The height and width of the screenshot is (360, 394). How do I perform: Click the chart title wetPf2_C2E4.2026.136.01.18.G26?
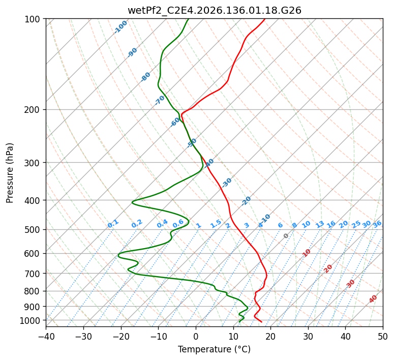pyautogui.click(x=215, y=11)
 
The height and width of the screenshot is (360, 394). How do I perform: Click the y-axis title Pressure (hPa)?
pyautogui.click(x=10, y=173)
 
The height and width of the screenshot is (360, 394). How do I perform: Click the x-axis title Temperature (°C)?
pyautogui.click(x=215, y=349)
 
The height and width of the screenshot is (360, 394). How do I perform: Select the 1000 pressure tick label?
pyautogui.click(x=33, y=321)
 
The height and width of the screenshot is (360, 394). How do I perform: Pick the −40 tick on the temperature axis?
pyautogui.click(x=46, y=336)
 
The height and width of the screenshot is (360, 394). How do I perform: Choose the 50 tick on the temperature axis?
pyautogui.click(x=383, y=336)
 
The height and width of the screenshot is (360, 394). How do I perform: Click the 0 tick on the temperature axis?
pyautogui.click(x=196, y=336)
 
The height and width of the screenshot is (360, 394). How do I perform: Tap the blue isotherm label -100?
pyautogui.click(x=120, y=27)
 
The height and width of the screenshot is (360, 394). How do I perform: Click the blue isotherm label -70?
pyautogui.click(x=160, y=100)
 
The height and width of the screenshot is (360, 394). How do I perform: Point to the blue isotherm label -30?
pyautogui.click(x=226, y=183)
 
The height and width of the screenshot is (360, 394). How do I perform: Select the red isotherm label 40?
pyautogui.click(x=373, y=299)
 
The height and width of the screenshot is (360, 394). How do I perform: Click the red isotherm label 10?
pyautogui.click(x=307, y=253)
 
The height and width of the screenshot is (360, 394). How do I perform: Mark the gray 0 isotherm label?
pyautogui.click(x=286, y=236)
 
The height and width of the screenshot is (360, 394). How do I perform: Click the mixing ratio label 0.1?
pyautogui.click(x=113, y=224)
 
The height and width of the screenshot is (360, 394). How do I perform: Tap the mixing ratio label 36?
pyautogui.click(x=377, y=224)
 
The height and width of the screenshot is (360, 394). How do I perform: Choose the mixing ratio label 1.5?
pyautogui.click(x=216, y=224)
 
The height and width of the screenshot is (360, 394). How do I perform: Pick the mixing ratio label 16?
pyautogui.click(x=331, y=224)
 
